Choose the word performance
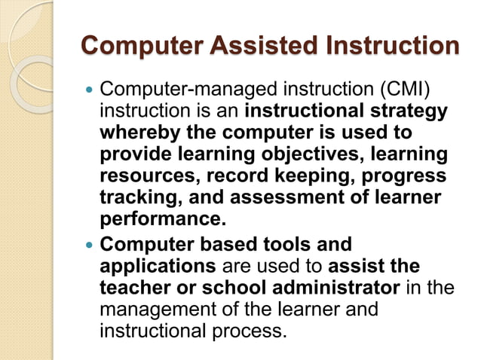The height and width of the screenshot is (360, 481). (162, 219)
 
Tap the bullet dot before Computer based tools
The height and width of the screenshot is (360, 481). (90, 246)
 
